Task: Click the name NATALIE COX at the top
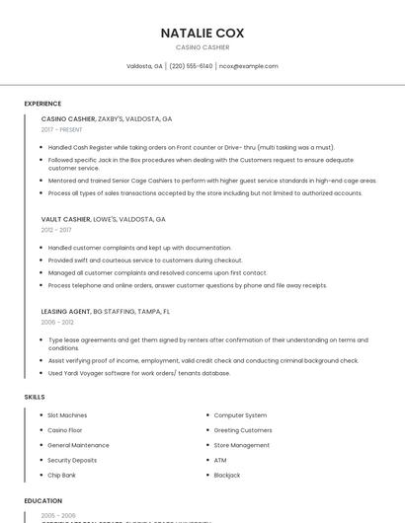tap(202, 33)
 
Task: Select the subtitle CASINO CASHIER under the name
tap(202, 47)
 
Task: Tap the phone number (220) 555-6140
tap(191, 66)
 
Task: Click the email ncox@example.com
tap(248, 66)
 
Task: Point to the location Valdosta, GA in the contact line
tap(144, 66)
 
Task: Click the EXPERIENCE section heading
tap(42, 103)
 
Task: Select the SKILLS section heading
tap(35, 396)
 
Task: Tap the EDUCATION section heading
tap(42, 500)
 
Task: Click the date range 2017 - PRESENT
tap(62, 129)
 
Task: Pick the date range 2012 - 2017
tap(55, 230)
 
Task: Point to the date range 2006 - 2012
tap(56, 322)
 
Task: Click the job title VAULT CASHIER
tap(66, 219)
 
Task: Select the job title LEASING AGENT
tap(65, 311)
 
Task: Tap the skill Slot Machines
tap(67, 415)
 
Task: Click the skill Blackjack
tap(227, 475)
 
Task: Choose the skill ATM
tap(220, 460)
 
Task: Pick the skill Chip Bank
tap(61, 475)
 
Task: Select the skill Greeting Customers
tap(243, 430)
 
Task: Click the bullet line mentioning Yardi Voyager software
tap(139, 373)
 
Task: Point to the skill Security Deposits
tap(72, 460)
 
